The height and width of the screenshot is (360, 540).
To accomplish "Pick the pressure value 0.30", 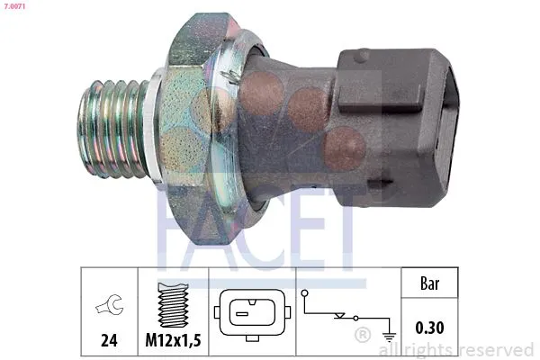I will [x=429, y=328].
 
